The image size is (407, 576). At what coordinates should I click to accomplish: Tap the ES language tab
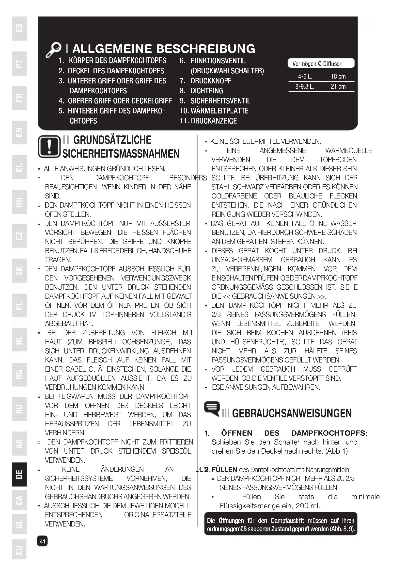pos(19,28)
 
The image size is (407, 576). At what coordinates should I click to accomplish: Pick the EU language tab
pos(19,550)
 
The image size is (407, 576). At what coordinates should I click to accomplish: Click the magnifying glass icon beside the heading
pos(53,49)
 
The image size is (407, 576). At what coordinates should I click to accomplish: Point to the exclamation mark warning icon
pos(49,147)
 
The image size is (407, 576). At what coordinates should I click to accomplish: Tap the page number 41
pos(42,541)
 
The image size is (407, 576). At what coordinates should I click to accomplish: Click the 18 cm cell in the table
pos(338,77)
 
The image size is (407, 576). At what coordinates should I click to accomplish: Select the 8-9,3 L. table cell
pos(304,86)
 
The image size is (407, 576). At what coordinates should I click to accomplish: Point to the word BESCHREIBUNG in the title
pos(205,49)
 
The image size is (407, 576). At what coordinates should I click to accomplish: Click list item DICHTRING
pos(206,91)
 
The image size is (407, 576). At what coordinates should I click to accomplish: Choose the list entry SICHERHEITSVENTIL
pos(220,101)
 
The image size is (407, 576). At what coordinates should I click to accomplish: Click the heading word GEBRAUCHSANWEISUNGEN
pos(292,413)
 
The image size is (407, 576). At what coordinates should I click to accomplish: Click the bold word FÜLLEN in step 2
pos(224,470)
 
